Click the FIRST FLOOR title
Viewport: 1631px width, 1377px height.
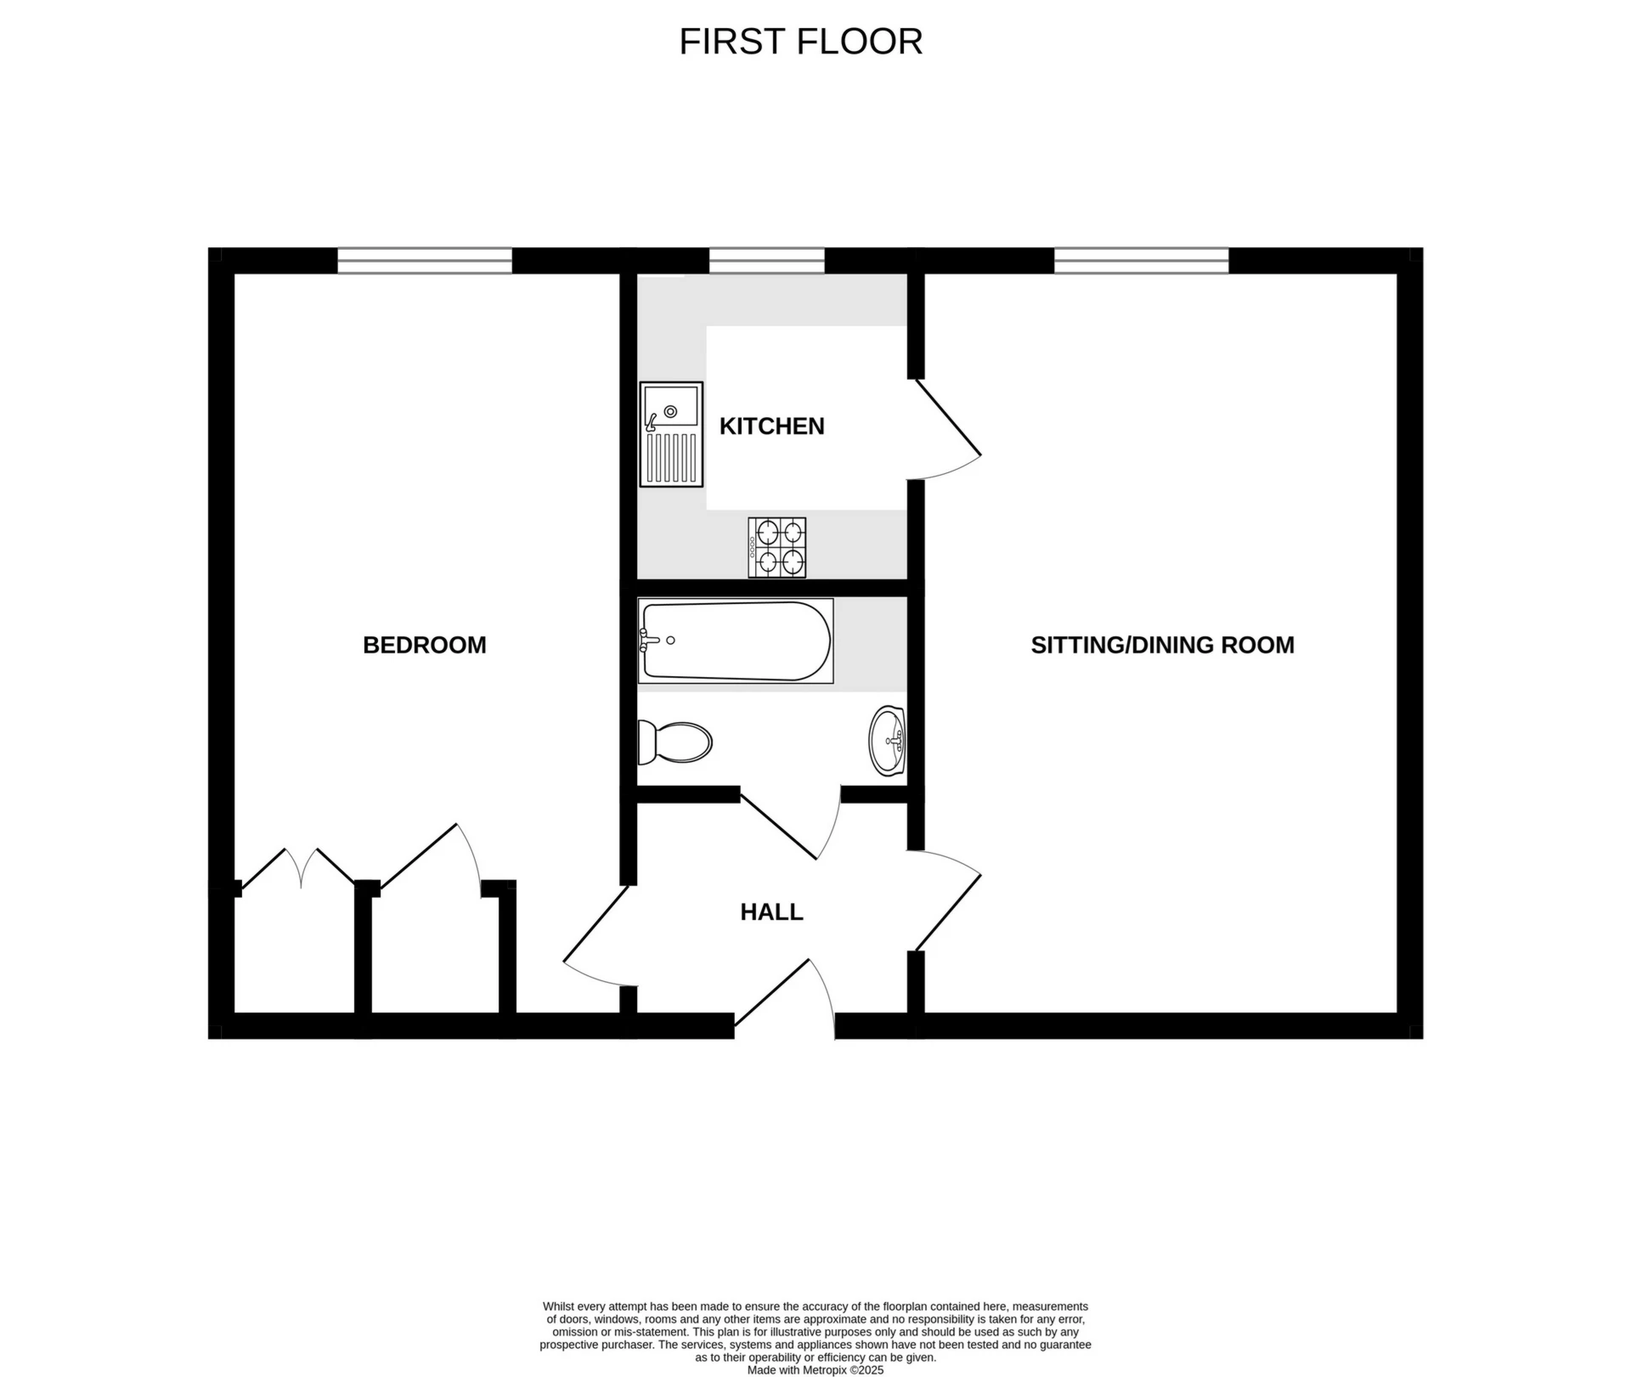click(x=800, y=42)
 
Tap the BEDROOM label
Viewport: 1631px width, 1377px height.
click(x=424, y=645)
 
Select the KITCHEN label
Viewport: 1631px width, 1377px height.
click(x=771, y=426)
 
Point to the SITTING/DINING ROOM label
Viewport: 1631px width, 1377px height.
click(x=1162, y=645)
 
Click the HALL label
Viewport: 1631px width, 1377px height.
click(x=771, y=911)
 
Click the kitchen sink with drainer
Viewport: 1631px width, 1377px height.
click(x=671, y=434)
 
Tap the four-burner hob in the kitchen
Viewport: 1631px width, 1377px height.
click(x=776, y=547)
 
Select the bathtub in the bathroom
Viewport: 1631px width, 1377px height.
click(x=736, y=641)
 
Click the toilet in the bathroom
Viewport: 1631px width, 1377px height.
click(x=675, y=742)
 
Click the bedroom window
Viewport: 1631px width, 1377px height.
click(x=425, y=260)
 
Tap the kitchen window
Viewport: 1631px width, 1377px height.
click(x=766, y=260)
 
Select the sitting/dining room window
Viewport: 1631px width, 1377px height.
click(x=1141, y=260)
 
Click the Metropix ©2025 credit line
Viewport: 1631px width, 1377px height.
click(x=815, y=1370)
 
